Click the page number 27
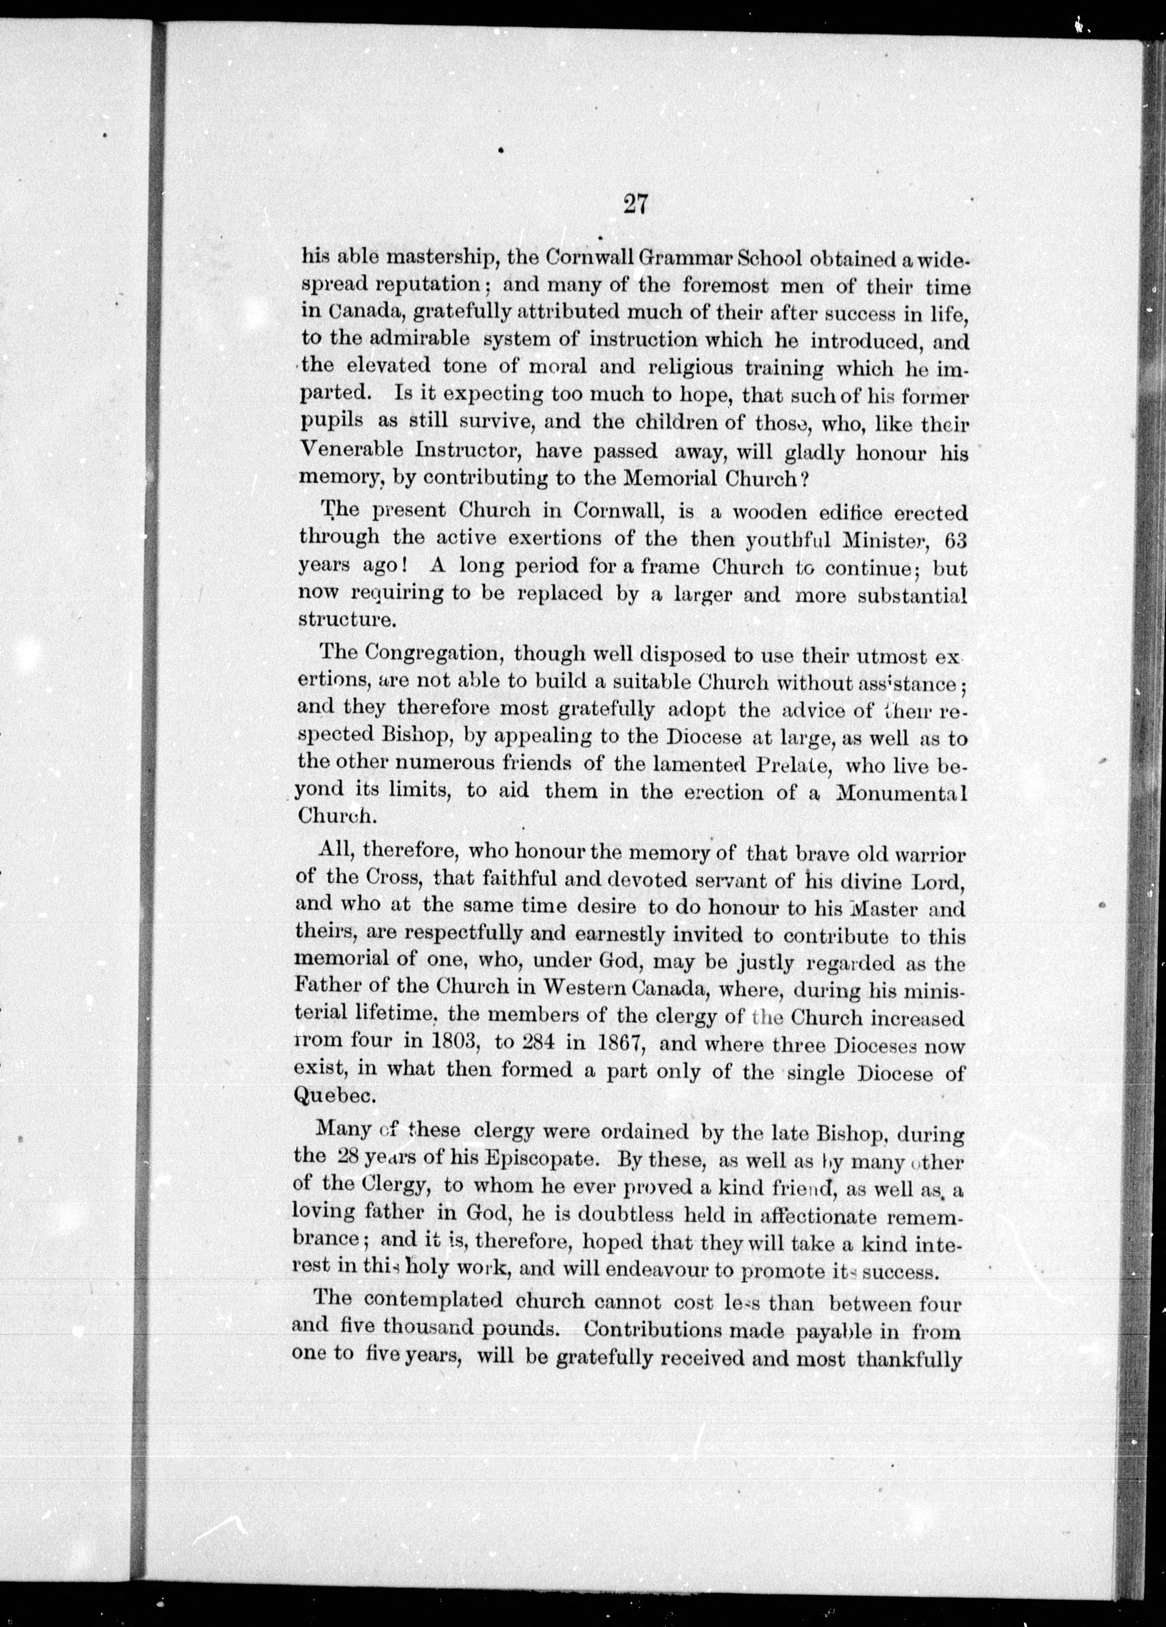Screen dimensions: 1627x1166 (636, 205)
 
